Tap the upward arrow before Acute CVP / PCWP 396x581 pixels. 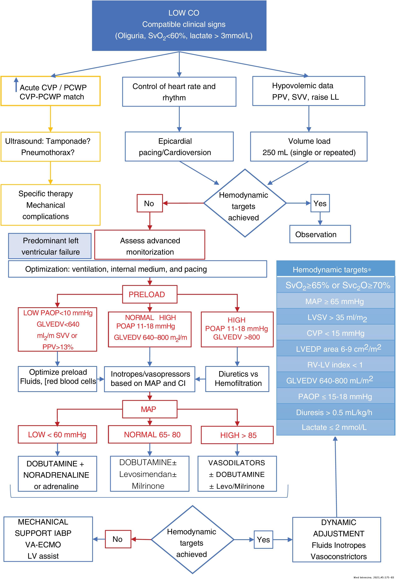[x=16, y=84]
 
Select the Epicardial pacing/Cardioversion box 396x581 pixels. [x=179, y=147]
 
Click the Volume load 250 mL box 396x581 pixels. [x=309, y=147]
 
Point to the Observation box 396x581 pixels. [x=320, y=234]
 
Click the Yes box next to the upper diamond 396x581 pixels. [x=320, y=203]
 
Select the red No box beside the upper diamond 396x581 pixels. [x=150, y=203]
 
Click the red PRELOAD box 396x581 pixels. [x=150, y=294]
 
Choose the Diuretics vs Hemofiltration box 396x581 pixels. [x=237, y=379]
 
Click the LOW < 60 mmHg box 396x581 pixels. [x=57, y=434]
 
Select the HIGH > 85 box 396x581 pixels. [x=237, y=435]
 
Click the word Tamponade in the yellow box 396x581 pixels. [x=68, y=141]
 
